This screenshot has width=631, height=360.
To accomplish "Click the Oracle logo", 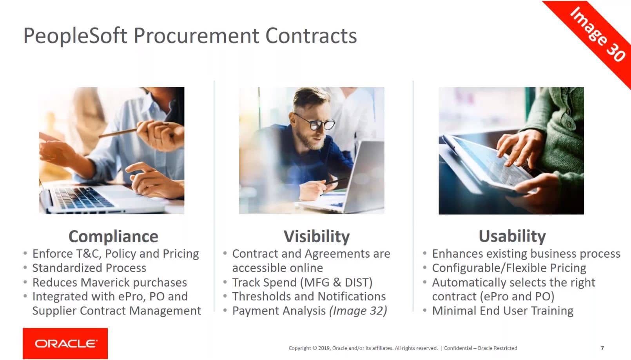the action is [65, 344].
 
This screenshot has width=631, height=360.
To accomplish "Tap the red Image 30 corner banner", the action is [597, 34].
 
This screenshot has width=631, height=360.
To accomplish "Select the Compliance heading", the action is [113, 236].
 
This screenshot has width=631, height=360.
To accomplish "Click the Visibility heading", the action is [317, 236].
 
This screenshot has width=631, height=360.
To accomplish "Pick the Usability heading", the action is [512, 236].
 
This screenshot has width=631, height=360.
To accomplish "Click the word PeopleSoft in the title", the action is [75, 36].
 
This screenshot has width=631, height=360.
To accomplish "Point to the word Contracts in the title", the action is [311, 36].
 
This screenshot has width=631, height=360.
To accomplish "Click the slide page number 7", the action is [602, 348].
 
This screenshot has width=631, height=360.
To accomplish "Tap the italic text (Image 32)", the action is [358, 311].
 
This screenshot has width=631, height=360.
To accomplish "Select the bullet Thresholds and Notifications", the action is [309, 296].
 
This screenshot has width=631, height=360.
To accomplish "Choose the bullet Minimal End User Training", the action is [503, 311].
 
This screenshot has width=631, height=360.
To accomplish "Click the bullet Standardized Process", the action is [89, 268].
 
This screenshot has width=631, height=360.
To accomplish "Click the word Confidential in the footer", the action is [458, 348].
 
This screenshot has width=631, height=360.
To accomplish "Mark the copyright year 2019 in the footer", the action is [324, 348].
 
